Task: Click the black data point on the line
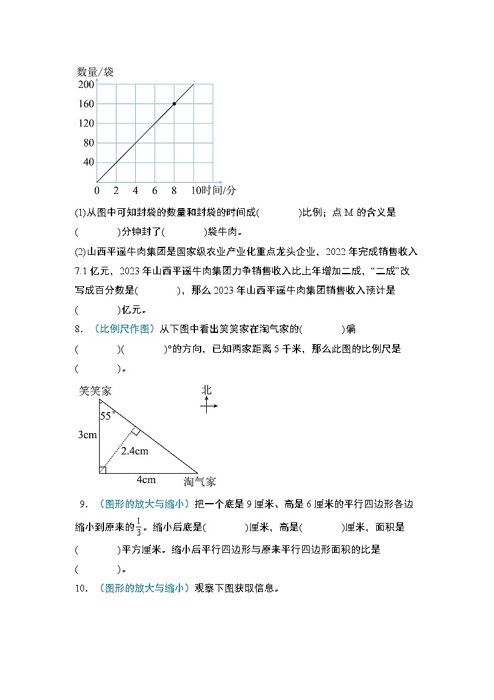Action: [x=174, y=103]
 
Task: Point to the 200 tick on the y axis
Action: [x=86, y=85]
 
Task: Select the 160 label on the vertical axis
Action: [x=86, y=104]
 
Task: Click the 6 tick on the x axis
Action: [x=154, y=190]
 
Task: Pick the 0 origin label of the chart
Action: [x=97, y=190]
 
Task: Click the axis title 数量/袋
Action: [x=95, y=72]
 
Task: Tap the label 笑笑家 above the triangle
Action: [x=95, y=391]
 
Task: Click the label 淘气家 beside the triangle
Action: [x=199, y=481]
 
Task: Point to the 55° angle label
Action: [x=108, y=416]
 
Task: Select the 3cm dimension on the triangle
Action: [x=87, y=434]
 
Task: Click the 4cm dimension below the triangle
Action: [x=146, y=479]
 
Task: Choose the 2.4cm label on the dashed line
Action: [x=135, y=451]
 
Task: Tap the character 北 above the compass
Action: [x=207, y=390]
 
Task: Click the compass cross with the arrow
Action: [x=207, y=406]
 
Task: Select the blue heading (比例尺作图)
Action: [x=125, y=328]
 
